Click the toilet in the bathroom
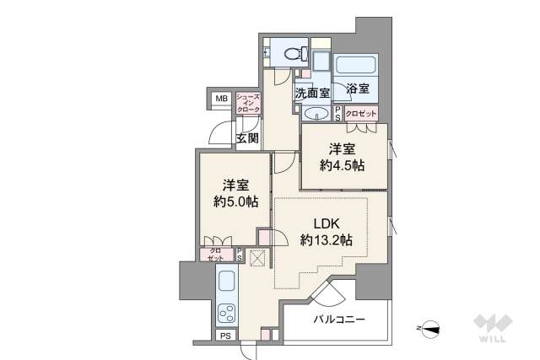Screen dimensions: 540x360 pos(296,53)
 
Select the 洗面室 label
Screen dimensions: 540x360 pos(313,93)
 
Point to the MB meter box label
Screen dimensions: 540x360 pos(221,99)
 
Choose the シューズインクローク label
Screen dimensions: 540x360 pos(248,103)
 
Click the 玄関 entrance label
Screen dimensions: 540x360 pos(247,138)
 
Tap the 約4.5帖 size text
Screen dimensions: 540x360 pos(342,166)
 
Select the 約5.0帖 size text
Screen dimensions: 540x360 pos(236,202)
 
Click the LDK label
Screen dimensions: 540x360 pos(327,223)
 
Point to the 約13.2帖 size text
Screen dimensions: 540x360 pos(327,240)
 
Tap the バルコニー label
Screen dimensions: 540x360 pos(339,320)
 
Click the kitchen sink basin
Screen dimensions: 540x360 pos(227,281)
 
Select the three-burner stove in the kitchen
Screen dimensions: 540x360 pos(227,313)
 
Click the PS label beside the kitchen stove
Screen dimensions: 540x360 pos(225,336)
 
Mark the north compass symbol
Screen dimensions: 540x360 pos(429,328)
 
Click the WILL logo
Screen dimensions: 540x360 pos(493,328)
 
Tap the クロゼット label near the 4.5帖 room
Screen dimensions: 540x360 pos(361,114)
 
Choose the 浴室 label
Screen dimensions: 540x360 pos(358,89)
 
